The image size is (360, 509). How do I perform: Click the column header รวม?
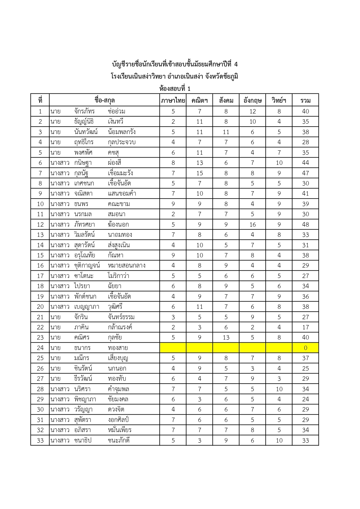(x=305, y=100)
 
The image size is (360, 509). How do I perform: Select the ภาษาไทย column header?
(x=173, y=100)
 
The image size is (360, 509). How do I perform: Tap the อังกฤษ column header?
(x=252, y=100)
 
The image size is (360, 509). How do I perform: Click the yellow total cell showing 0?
(x=305, y=348)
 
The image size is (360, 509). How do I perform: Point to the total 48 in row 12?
(x=305, y=224)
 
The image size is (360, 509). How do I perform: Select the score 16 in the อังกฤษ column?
(x=253, y=224)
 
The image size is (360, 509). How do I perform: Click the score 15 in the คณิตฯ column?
(x=199, y=173)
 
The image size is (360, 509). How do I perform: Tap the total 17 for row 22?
(x=305, y=327)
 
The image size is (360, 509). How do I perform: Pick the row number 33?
(x=40, y=440)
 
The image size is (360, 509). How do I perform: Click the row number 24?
(x=40, y=348)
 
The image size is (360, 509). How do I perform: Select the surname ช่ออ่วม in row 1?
(x=116, y=111)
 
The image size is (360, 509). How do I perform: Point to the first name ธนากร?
(x=82, y=348)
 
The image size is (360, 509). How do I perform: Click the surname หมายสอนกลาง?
(x=127, y=265)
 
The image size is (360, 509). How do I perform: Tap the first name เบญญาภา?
(x=87, y=306)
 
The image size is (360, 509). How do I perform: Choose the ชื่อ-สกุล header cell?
(x=105, y=100)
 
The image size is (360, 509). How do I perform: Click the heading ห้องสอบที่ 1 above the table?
(x=175, y=89)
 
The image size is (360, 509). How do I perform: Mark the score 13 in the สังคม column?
(x=226, y=337)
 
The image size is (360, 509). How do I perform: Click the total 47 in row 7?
(x=305, y=173)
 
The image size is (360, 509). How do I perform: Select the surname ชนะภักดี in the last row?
(x=119, y=440)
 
